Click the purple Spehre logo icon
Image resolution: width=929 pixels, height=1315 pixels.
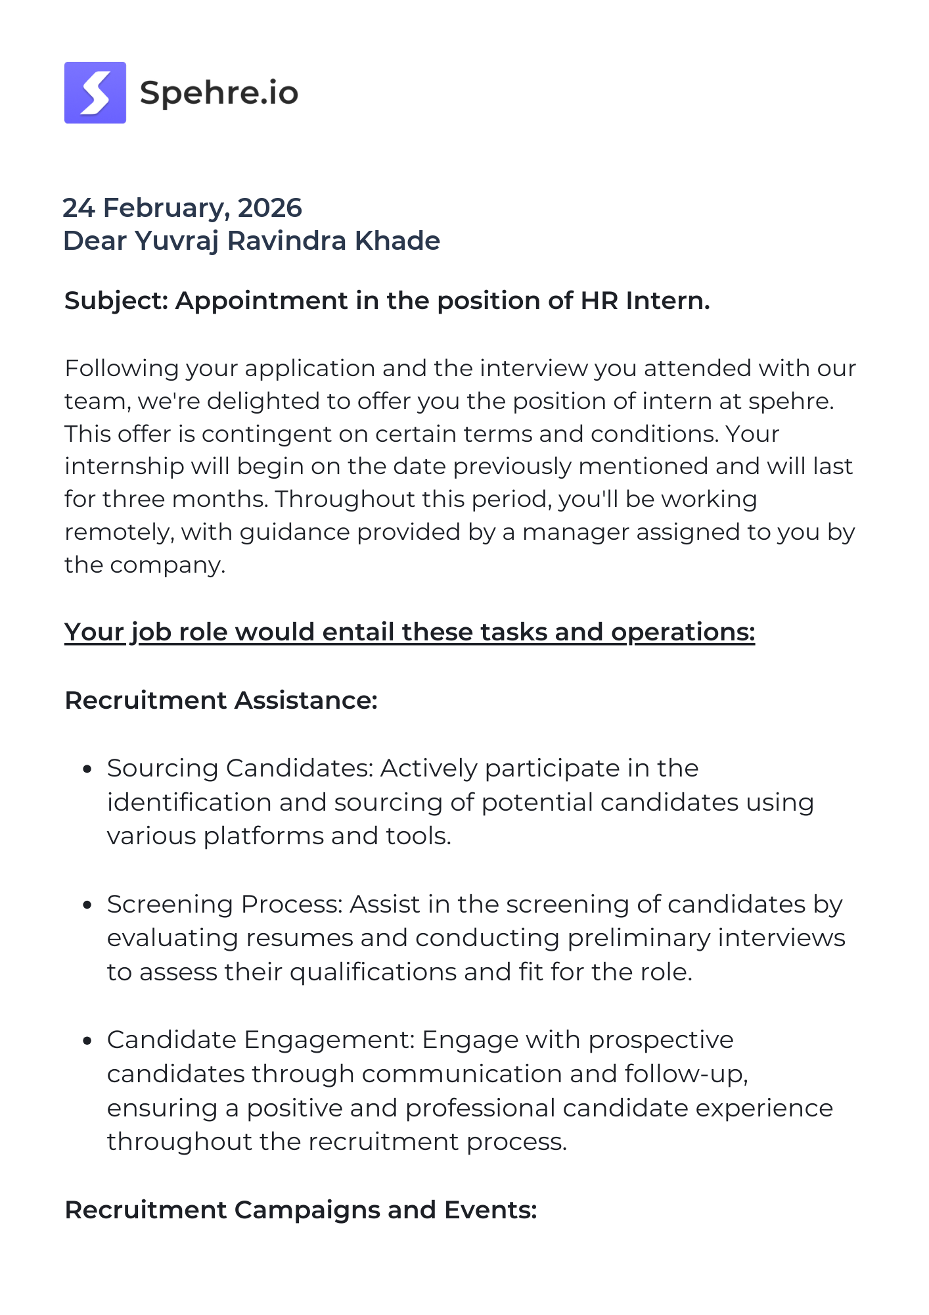[x=95, y=93]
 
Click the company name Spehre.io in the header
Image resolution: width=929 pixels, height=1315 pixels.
[x=219, y=93]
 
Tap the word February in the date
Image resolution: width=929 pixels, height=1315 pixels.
[x=166, y=208]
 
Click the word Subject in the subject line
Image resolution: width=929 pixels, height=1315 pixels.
[x=116, y=301]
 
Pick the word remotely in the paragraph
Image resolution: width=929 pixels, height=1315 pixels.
[x=119, y=532]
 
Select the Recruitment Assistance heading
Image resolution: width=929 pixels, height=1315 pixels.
[x=221, y=700]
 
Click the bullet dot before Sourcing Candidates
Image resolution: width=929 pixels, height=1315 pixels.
[x=87, y=769]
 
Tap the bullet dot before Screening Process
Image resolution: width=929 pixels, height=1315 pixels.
[x=87, y=905]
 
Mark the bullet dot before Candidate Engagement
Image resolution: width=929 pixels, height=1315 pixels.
[x=87, y=1041]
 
